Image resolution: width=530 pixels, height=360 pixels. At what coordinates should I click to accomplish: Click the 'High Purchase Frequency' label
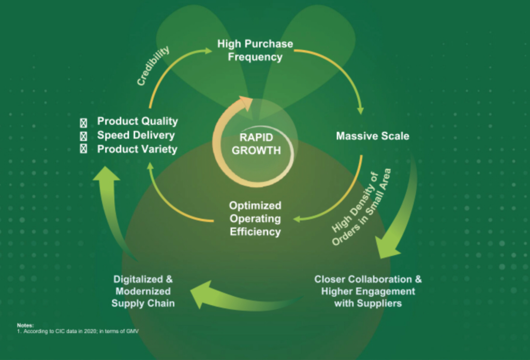(255, 50)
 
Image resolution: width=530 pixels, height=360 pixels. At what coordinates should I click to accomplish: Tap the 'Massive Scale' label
(373, 136)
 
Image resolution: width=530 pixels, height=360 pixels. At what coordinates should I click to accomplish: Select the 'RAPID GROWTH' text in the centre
(256, 144)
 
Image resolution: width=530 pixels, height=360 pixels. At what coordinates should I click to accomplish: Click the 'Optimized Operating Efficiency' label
(255, 219)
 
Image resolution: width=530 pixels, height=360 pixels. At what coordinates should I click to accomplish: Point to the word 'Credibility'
(153, 66)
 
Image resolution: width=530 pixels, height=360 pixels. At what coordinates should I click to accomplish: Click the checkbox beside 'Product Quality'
(83, 122)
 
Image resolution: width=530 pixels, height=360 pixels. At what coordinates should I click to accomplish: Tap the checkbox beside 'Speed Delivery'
(83, 136)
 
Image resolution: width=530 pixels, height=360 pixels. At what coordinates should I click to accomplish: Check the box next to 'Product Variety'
(83, 149)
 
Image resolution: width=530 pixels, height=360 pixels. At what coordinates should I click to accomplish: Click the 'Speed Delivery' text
(136, 135)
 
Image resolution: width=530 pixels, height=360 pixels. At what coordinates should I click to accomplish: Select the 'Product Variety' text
(137, 149)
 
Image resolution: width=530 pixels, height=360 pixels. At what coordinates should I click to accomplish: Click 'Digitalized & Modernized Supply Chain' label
(143, 291)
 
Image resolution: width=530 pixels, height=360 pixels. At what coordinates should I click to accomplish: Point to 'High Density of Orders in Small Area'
(361, 207)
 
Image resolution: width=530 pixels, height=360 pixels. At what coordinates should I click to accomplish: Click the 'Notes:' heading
(25, 325)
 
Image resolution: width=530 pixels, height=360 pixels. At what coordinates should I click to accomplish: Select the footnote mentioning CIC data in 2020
(78, 331)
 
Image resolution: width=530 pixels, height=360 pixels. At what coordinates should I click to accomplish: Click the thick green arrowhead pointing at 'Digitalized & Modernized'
(201, 294)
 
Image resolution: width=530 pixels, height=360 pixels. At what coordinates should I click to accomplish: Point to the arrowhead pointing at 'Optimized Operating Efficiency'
(297, 219)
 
